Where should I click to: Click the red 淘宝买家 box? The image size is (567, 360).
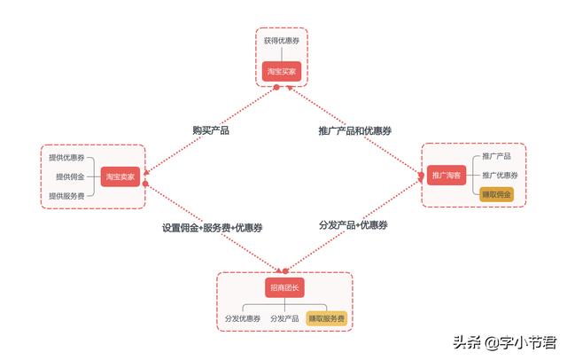click(282, 71)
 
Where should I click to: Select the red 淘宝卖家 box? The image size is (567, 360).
click(120, 176)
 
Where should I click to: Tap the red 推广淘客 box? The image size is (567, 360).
click(447, 175)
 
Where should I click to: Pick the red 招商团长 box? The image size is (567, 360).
click(284, 287)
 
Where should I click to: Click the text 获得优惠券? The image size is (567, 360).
click(282, 41)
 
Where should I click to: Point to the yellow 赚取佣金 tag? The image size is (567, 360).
click(496, 195)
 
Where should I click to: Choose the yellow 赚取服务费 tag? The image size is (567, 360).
click(327, 318)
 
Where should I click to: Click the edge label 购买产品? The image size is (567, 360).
click(211, 130)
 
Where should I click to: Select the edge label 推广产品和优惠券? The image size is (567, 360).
click(354, 130)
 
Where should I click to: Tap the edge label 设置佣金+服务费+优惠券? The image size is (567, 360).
click(213, 228)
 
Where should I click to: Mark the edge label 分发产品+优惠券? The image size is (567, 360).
click(353, 225)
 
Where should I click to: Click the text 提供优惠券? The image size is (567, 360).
click(66, 157)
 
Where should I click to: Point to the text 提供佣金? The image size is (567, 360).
click(70, 176)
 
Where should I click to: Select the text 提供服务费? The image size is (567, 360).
click(66, 196)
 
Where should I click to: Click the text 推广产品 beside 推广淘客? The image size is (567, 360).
click(496, 156)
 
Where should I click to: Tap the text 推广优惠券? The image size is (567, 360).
click(500, 175)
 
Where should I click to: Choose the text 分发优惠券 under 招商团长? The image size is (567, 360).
click(243, 318)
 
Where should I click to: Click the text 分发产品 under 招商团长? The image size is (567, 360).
click(284, 318)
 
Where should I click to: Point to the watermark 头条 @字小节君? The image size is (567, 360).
click(505, 342)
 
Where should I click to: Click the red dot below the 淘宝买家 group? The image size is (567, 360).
click(276, 87)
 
